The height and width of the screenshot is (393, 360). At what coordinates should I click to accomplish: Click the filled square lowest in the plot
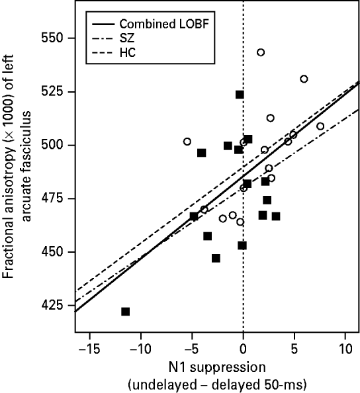pos(125,312)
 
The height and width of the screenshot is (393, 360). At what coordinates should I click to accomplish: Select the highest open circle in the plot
pos(261,52)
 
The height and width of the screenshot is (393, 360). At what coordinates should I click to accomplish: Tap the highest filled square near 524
pos(240,95)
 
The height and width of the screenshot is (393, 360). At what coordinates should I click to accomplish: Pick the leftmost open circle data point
pos(187,142)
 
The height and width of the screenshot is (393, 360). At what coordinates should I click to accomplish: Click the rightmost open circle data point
pos(320,126)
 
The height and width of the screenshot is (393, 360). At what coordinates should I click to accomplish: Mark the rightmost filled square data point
pos(276,216)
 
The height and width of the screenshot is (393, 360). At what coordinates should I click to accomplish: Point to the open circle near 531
pos(304,79)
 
